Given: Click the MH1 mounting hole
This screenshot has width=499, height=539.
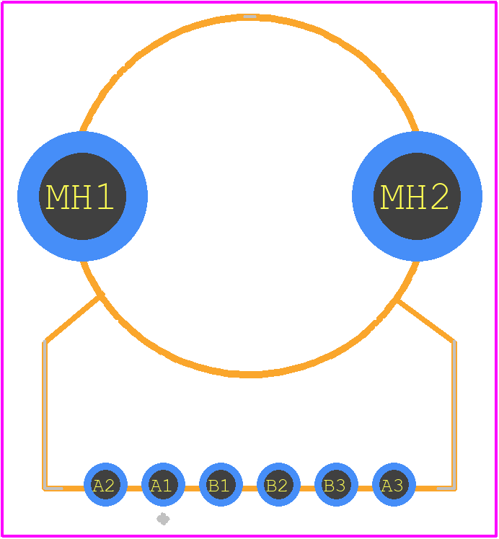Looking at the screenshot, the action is click(82, 196).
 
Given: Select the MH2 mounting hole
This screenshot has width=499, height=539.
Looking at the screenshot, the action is click(417, 196).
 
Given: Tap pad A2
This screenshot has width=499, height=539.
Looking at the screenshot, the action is click(105, 485).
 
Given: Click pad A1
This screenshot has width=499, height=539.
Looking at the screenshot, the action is click(164, 485).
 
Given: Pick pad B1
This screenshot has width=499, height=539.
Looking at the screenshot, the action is click(221, 485).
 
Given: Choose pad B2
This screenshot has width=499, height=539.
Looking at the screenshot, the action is click(278, 485).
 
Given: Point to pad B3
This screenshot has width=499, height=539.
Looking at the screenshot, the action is click(336, 485).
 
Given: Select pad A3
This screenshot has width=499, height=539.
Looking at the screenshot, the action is click(394, 485).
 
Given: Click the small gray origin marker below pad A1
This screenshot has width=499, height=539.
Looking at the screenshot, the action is click(163, 519).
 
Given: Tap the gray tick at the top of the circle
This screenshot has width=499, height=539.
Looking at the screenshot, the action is click(249, 17).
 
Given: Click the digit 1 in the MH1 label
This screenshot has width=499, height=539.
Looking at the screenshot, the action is click(105, 196).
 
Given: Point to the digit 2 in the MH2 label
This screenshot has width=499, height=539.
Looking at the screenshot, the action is click(440, 196).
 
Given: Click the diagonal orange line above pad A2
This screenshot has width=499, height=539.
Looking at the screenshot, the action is click(72, 319).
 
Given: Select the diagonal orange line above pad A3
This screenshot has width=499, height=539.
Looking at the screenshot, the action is click(426, 321).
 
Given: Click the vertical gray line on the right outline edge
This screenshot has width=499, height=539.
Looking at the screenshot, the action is click(454, 414).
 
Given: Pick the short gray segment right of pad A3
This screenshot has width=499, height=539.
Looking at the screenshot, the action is click(446, 488).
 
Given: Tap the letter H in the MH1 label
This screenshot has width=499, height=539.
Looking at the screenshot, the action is click(82, 197).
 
